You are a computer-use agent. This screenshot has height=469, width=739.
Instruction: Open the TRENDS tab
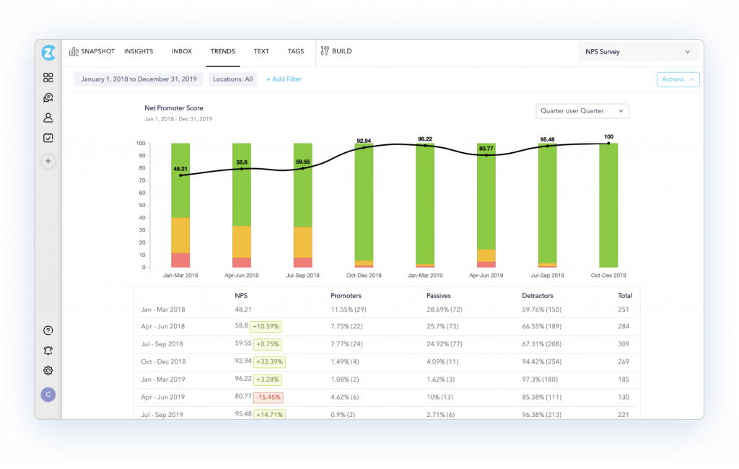[x=222, y=52]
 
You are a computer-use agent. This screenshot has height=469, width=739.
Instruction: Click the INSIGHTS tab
[x=139, y=52]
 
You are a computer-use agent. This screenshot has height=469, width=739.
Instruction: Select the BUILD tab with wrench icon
[x=336, y=52]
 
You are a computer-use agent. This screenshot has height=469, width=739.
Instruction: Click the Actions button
[x=678, y=79]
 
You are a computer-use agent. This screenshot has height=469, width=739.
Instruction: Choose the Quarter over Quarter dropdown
[x=582, y=111]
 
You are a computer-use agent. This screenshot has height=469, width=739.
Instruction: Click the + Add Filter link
[x=284, y=79]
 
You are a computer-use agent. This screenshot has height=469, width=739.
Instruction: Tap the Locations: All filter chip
[x=232, y=79]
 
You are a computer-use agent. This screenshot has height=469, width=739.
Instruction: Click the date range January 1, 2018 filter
[x=139, y=79]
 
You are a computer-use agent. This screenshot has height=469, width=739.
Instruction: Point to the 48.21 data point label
[x=180, y=169]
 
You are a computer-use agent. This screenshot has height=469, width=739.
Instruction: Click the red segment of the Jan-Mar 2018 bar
[x=180, y=260]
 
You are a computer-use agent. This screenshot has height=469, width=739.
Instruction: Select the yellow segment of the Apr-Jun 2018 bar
[x=242, y=242]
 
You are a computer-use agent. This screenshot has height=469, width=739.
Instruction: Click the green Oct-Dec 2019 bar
[x=608, y=206]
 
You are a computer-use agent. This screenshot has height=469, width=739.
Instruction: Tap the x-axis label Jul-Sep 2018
[x=302, y=276]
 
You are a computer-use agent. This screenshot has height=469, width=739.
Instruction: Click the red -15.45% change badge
[x=268, y=397]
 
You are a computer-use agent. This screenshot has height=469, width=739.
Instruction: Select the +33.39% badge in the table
[x=266, y=361]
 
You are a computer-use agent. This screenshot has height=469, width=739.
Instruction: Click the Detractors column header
[x=538, y=296]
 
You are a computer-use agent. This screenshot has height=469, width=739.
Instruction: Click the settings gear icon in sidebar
[x=48, y=371]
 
